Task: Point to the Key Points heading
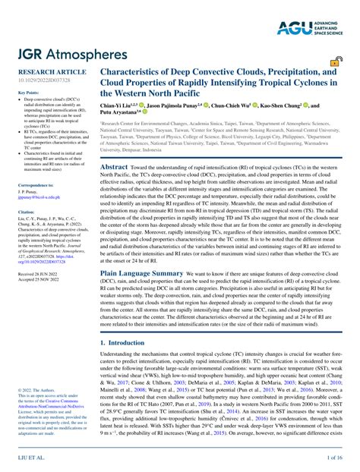[x=28, y=93]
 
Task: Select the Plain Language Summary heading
[x=142, y=292]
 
